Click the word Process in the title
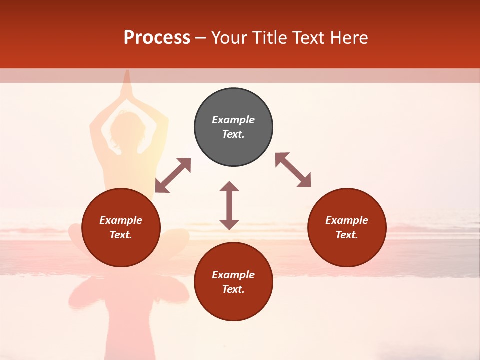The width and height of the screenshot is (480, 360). tap(157, 38)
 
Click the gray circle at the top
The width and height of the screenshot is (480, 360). tap(233, 127)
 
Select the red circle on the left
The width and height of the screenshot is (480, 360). tap(121, 228)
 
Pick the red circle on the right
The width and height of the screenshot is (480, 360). tap(347, 228)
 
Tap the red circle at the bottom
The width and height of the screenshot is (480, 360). tap(233, 282)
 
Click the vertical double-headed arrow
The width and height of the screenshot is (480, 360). tap(229, 206)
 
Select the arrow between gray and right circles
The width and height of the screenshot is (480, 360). tap(293, 170)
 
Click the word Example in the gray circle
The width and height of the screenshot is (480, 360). tap(233, 120)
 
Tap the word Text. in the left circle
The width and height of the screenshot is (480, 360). tap(121, 235)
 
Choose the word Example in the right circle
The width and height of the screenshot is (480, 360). tap(347, 220)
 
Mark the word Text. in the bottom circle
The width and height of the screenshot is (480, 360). tap(233, 289)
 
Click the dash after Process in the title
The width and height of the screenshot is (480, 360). tap(200, 38)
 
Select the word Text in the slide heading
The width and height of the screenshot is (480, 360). tap(307, 38)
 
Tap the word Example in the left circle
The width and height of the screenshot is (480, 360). tap(121, 220)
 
